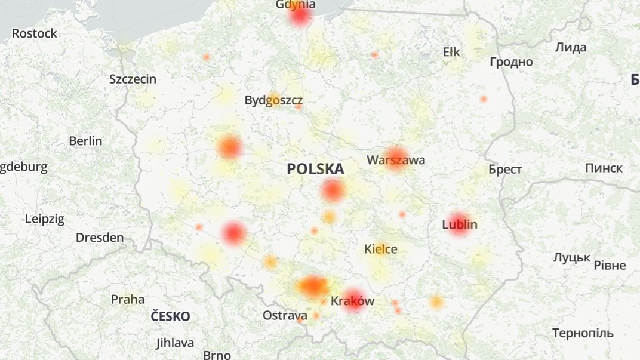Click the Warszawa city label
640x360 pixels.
(x=396, y=160)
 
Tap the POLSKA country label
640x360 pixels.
(x=315, y=169)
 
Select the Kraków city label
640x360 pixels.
(x=352, y=300)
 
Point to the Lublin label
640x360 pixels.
(x=460, y=224)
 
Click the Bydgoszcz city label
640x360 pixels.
(x=273, y=100)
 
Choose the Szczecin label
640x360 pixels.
(x=133, y=79)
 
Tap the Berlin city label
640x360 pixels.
(x=85, y=141)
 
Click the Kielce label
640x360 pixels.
(x=381, y=249)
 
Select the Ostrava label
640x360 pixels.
(x=285, y=315)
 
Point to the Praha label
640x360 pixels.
(x=128, y=299)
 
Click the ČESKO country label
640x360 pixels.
(x=170, y=316)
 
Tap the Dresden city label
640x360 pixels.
(x=100, y=238)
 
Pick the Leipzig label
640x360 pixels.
(x=45, y=219)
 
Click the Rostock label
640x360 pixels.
(x=35, y=33)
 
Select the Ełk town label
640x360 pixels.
(x=451, y=52)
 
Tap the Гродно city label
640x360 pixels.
(x=511, y=61)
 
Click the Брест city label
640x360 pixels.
(x=505, y=170)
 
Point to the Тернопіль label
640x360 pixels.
(x=583, y=333)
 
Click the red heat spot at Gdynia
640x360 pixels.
(x=300, y=16)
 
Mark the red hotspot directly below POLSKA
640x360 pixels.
(x=333, y=190)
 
